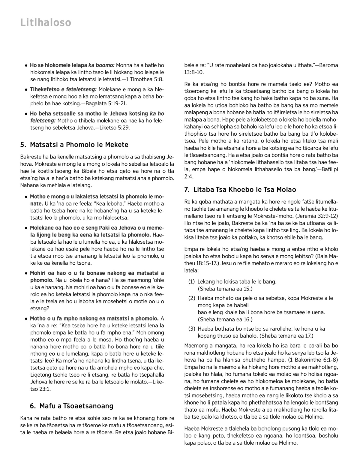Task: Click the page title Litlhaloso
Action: [x=46, y=23]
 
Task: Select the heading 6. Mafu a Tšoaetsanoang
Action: [x=71, y=406]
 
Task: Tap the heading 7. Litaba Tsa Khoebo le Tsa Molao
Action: [x=240, y=190]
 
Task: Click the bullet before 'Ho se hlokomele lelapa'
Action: [x=26, y=65]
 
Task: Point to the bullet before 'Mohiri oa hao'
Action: [x=26, y=273]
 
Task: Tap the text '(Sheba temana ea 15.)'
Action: [x=225, y=289]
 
